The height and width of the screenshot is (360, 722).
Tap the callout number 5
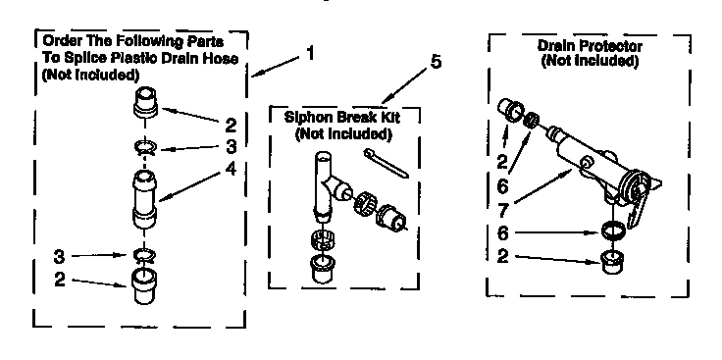pos(435,64)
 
